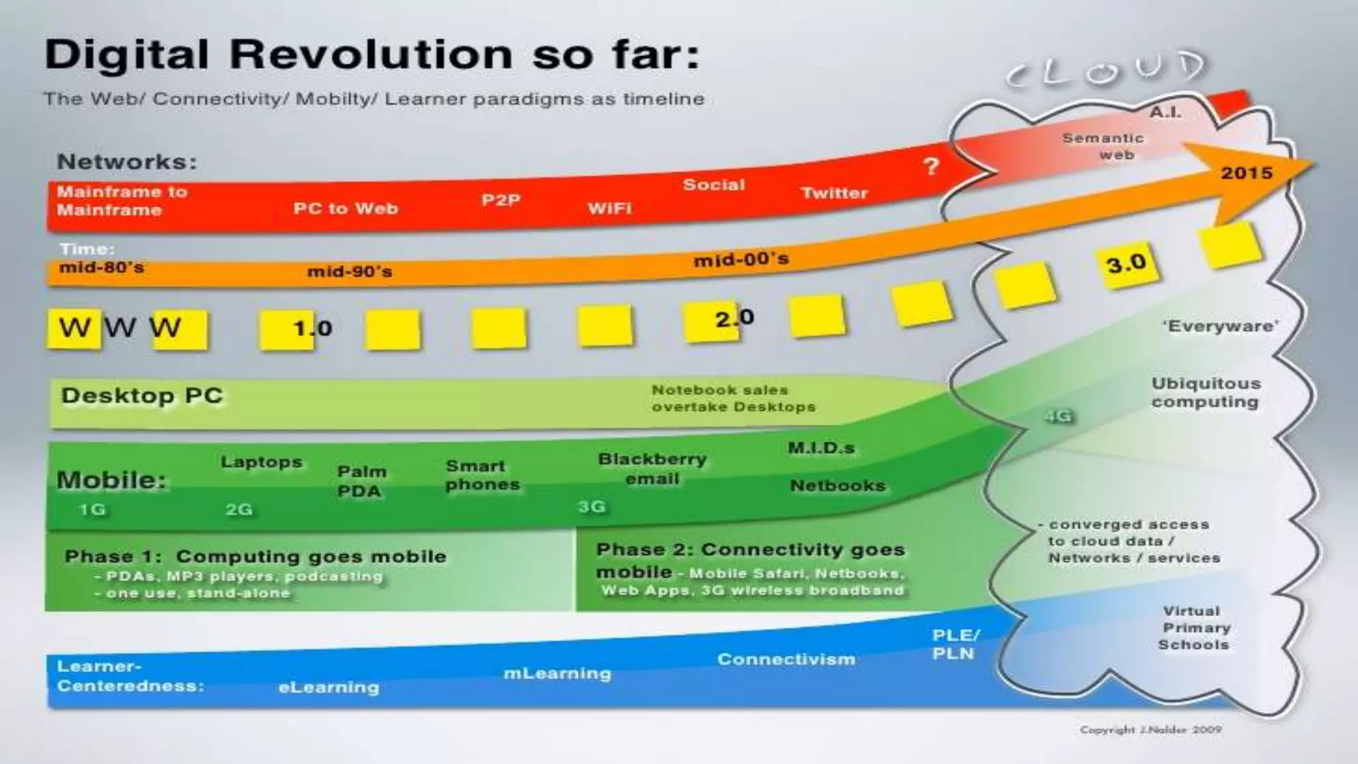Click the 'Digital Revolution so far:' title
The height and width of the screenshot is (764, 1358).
point(371,54)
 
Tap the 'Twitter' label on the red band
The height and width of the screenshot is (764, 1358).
point(833,193)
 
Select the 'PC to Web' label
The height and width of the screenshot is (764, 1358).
point(345,208)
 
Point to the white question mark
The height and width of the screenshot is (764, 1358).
point(931,166)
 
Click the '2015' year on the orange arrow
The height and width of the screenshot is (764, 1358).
point(1247,173)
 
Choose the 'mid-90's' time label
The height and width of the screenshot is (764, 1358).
point(349,271)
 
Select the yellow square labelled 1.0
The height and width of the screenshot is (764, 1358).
point(288,329)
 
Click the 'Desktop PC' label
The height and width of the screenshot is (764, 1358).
point(142,395)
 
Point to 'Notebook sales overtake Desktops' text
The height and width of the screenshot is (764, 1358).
point(733,399)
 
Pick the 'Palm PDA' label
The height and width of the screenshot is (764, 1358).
point(361,481)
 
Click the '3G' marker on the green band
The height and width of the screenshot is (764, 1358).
point(591,507)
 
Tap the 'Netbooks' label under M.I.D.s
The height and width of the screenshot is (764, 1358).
point(837,485)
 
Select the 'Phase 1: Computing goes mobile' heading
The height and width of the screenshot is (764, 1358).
point(255,556)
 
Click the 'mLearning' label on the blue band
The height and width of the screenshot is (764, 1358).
point(557,673)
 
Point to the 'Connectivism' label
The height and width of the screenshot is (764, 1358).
point(786,659)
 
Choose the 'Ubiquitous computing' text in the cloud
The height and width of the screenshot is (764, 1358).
point(1205,393)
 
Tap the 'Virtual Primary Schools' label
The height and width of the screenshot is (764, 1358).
point(1194,627)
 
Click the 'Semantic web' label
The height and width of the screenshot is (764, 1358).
point(1103,147)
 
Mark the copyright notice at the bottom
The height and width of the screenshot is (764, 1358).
point(1150,730)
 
